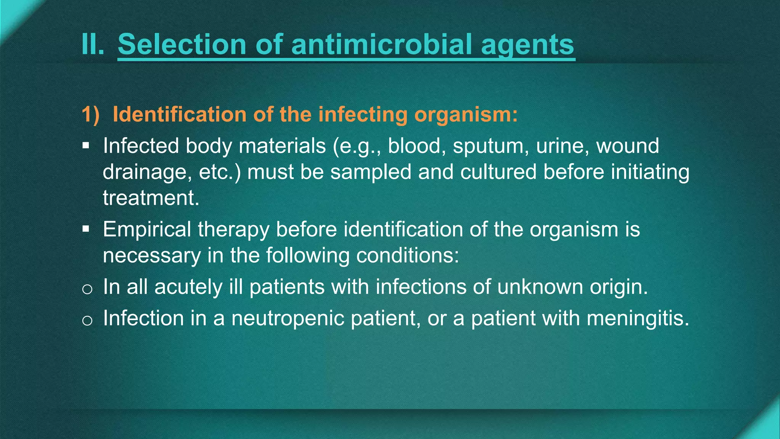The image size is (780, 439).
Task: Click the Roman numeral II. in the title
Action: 93,45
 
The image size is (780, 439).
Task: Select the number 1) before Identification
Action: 91,114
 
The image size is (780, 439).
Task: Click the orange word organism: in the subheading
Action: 466,114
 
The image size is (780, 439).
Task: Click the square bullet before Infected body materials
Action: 86,146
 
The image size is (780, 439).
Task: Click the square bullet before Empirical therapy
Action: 86,229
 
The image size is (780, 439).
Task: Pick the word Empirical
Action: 147,229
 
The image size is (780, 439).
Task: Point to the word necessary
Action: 152,255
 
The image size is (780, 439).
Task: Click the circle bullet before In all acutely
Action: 87,289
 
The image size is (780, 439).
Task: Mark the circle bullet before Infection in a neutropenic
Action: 87,320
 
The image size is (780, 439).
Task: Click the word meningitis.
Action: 638,319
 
